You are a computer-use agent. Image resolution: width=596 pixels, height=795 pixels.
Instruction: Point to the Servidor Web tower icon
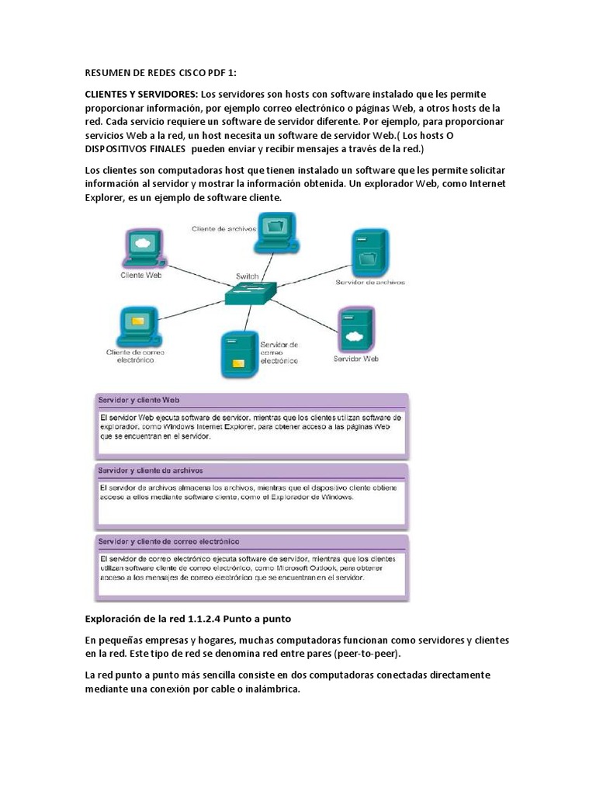355,331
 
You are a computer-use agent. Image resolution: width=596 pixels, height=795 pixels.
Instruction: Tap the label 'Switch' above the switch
247,276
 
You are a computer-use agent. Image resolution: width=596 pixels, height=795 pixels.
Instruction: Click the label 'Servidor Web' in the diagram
355,359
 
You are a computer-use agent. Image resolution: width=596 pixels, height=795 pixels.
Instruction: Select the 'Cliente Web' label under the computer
140,274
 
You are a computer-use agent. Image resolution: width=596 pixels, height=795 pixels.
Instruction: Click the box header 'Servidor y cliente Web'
138,399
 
